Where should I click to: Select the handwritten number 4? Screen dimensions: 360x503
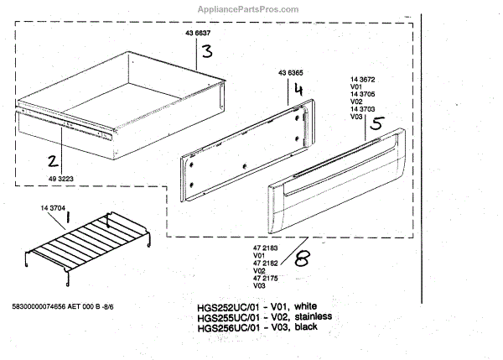pyautogui.click(x=297, y=86)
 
